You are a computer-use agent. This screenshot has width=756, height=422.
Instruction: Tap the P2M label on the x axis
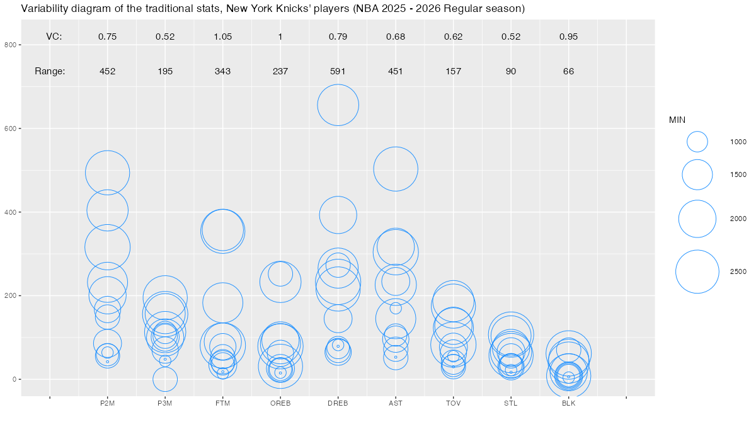pos(107,404)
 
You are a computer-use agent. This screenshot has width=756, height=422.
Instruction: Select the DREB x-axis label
pos(338,404)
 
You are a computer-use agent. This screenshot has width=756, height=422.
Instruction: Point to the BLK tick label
pos(568,404)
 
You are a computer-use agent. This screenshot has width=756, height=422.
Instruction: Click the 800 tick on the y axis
pos(11,45)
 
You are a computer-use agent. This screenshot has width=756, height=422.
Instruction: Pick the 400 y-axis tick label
pos(11,212)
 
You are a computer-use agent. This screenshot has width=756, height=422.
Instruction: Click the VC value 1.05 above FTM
pos(222,37)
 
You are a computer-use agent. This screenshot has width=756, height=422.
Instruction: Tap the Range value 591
pos(338,71)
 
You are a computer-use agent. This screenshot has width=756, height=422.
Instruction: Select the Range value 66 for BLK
pos(568,71)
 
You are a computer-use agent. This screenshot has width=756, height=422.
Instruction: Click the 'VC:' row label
pos(54,37)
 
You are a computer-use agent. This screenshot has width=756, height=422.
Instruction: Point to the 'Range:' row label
pos(50,71)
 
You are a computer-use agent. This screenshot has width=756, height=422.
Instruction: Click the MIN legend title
pos(677,120)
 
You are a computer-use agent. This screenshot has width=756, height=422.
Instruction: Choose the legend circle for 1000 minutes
pos(697,142)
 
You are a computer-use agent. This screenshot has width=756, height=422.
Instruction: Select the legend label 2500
pos(738,271)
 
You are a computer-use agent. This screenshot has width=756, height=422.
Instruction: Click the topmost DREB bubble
pos(338,105)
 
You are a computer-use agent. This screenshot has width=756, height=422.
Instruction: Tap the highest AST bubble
pos(396,169)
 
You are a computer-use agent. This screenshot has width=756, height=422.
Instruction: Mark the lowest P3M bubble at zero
pos(165,379)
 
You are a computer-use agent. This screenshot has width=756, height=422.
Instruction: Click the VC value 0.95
pos(568,37)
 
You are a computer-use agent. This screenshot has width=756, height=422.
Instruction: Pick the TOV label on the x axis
pos(453,404)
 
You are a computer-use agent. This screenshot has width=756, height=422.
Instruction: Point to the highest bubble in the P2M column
pos(107,173)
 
